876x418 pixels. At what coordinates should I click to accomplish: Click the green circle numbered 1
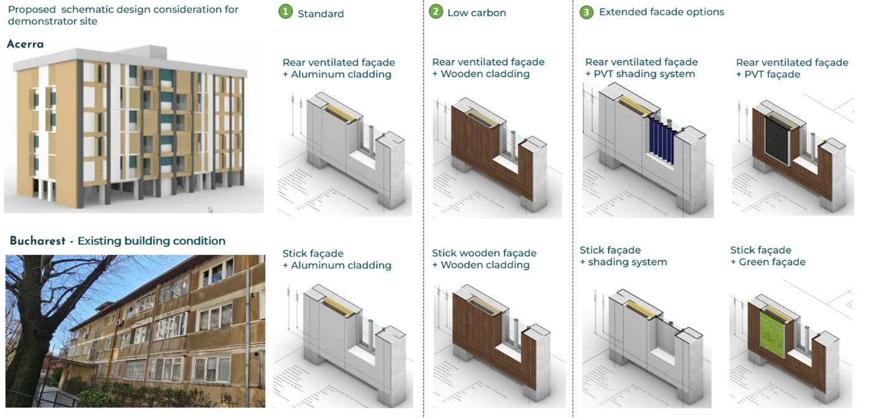click(285, 12)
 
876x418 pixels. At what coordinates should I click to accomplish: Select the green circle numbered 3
click(586, 12)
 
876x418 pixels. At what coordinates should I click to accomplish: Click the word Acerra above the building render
click(26, 44)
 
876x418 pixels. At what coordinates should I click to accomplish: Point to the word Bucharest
click(37, 241)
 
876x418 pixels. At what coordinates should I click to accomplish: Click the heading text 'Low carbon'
click(476, 13)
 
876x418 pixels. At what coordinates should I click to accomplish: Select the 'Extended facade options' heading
click(661, 12)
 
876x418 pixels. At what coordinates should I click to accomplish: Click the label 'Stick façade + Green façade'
click(767, 256)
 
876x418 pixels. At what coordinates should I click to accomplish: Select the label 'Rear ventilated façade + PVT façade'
click(791, 68)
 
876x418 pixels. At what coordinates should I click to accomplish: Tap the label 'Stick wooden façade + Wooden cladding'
click(484, 259)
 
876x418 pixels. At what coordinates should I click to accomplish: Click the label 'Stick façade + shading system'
click(623, 256)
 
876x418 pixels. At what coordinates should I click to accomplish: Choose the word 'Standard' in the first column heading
click(321, 14)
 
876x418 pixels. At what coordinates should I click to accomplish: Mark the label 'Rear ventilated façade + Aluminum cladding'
click(338, 68)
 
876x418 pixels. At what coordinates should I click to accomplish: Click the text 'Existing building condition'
click(151, 241)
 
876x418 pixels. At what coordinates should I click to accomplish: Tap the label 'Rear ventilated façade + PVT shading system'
click(641, 68)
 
